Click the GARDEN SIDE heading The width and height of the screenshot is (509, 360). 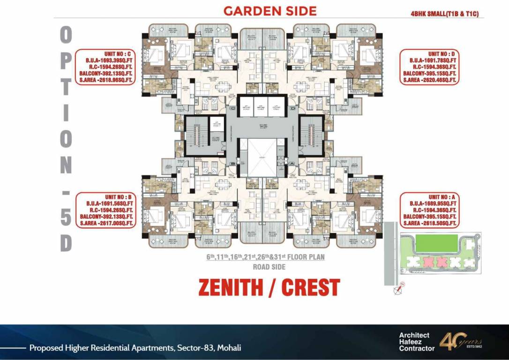coord(270,11)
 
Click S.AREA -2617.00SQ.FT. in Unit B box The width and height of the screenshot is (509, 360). coord(107,224)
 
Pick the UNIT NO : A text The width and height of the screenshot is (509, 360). coord(442,197)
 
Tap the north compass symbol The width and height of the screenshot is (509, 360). coord(398,291)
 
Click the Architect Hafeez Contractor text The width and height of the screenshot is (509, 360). coord(414,342)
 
